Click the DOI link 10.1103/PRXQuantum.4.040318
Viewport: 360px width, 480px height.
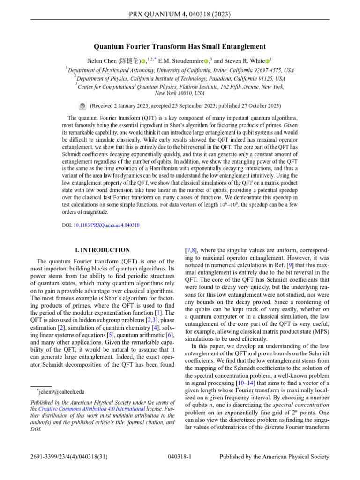click(106, 225)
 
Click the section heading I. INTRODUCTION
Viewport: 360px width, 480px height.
click(102, 250)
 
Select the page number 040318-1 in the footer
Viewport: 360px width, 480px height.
click(180, 457)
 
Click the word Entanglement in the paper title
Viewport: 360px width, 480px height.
click(244, 46)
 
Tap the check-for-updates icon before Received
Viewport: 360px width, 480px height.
click(82, 106)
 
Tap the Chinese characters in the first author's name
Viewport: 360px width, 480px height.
click(129, 60)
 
